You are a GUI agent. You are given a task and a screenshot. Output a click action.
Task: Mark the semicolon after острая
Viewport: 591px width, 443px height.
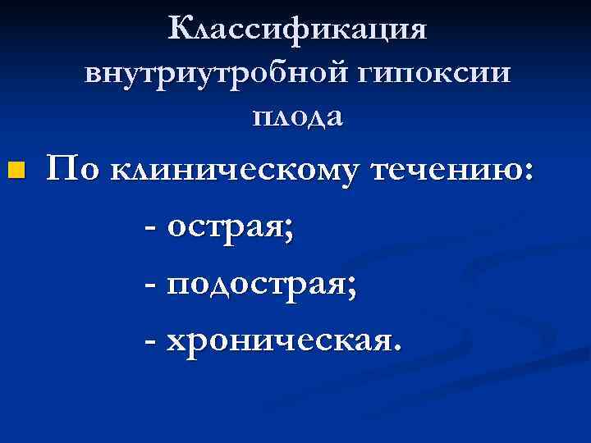289,233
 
